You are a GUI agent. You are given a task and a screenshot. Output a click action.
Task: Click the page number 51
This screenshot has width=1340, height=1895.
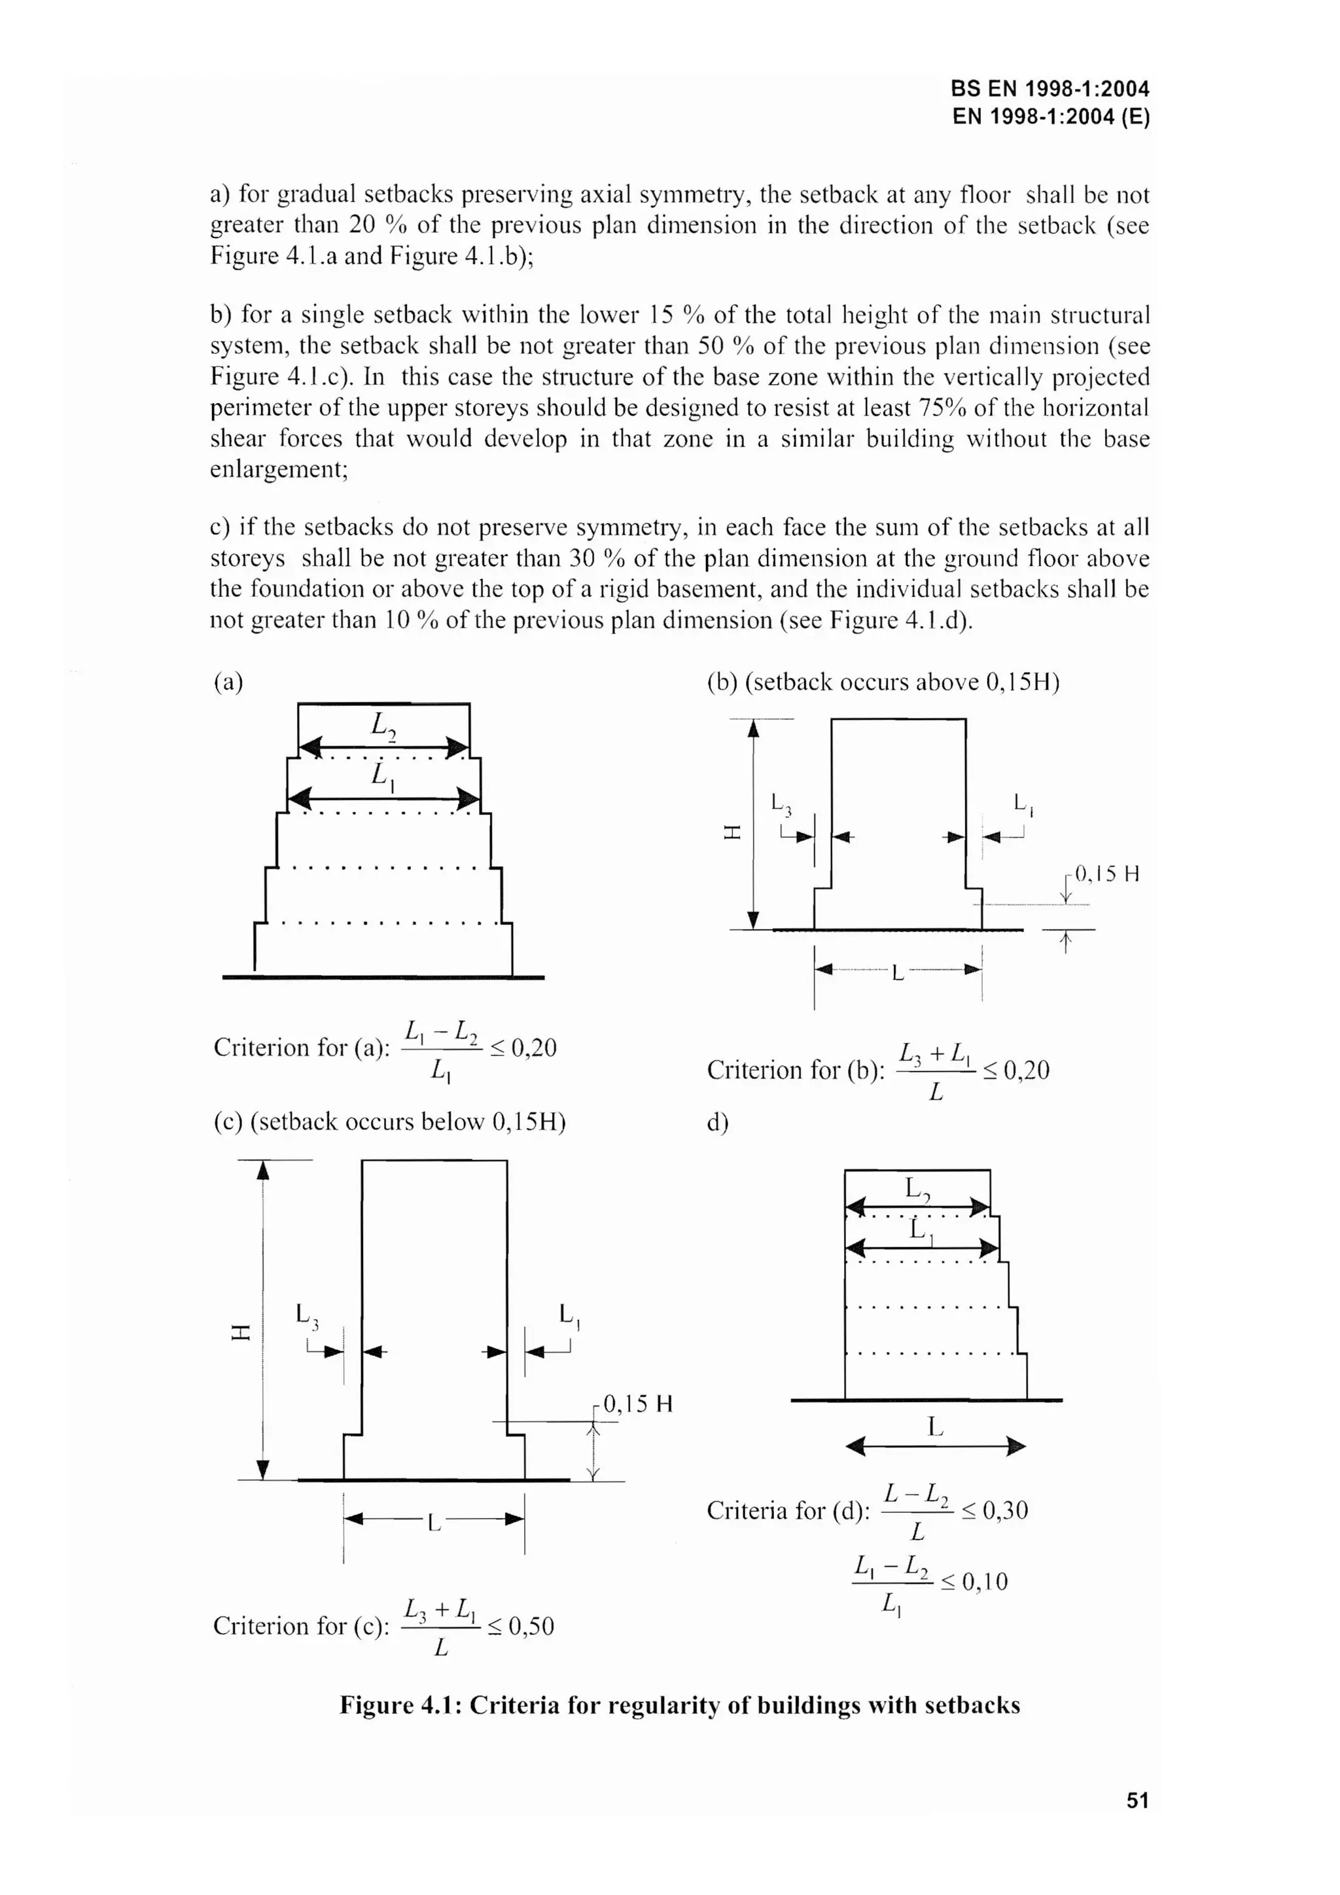click(x=1137, y=1800)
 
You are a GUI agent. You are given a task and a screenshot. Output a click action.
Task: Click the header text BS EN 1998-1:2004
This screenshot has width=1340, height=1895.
click(x=1049, y=88)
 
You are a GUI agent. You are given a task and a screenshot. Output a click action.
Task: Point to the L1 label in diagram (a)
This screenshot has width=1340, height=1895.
click(x=382, y=776)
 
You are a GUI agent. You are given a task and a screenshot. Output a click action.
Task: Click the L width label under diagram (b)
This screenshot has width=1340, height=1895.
click(x=898, y=974)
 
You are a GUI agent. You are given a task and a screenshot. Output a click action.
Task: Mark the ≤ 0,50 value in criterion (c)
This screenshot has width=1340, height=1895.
click(x=520, y=1626)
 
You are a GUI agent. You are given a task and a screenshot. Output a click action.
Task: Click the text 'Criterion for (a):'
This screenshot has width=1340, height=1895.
click(x=301, y=1048)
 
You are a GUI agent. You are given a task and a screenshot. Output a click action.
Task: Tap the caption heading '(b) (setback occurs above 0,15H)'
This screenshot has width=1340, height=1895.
click(x=883, y=682)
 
